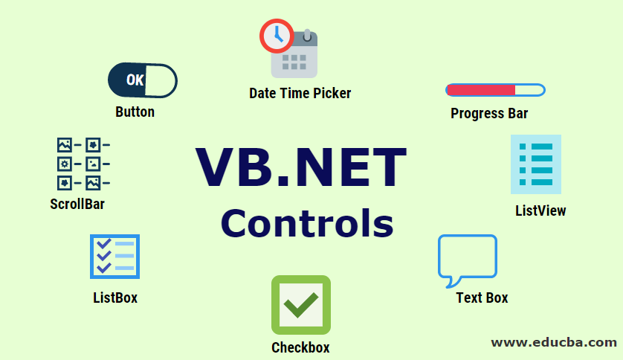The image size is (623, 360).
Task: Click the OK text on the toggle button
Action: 135,80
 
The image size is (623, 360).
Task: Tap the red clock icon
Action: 277,34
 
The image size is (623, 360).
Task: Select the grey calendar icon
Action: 297,56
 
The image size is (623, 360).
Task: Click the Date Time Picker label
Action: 300,93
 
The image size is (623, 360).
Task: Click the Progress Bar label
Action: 489,114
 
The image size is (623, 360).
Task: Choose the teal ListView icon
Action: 536,164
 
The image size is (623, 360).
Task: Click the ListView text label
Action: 540,210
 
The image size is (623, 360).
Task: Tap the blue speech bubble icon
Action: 467,259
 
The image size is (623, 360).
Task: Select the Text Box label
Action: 482,298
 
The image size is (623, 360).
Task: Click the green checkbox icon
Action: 300,304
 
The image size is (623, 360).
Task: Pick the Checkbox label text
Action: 300,347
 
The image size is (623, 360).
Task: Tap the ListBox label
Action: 115,298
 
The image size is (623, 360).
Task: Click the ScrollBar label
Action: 77,204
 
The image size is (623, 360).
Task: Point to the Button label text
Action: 135,112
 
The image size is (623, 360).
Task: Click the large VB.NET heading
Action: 301,167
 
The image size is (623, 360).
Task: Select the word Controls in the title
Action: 306,222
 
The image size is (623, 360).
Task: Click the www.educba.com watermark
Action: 554,342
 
